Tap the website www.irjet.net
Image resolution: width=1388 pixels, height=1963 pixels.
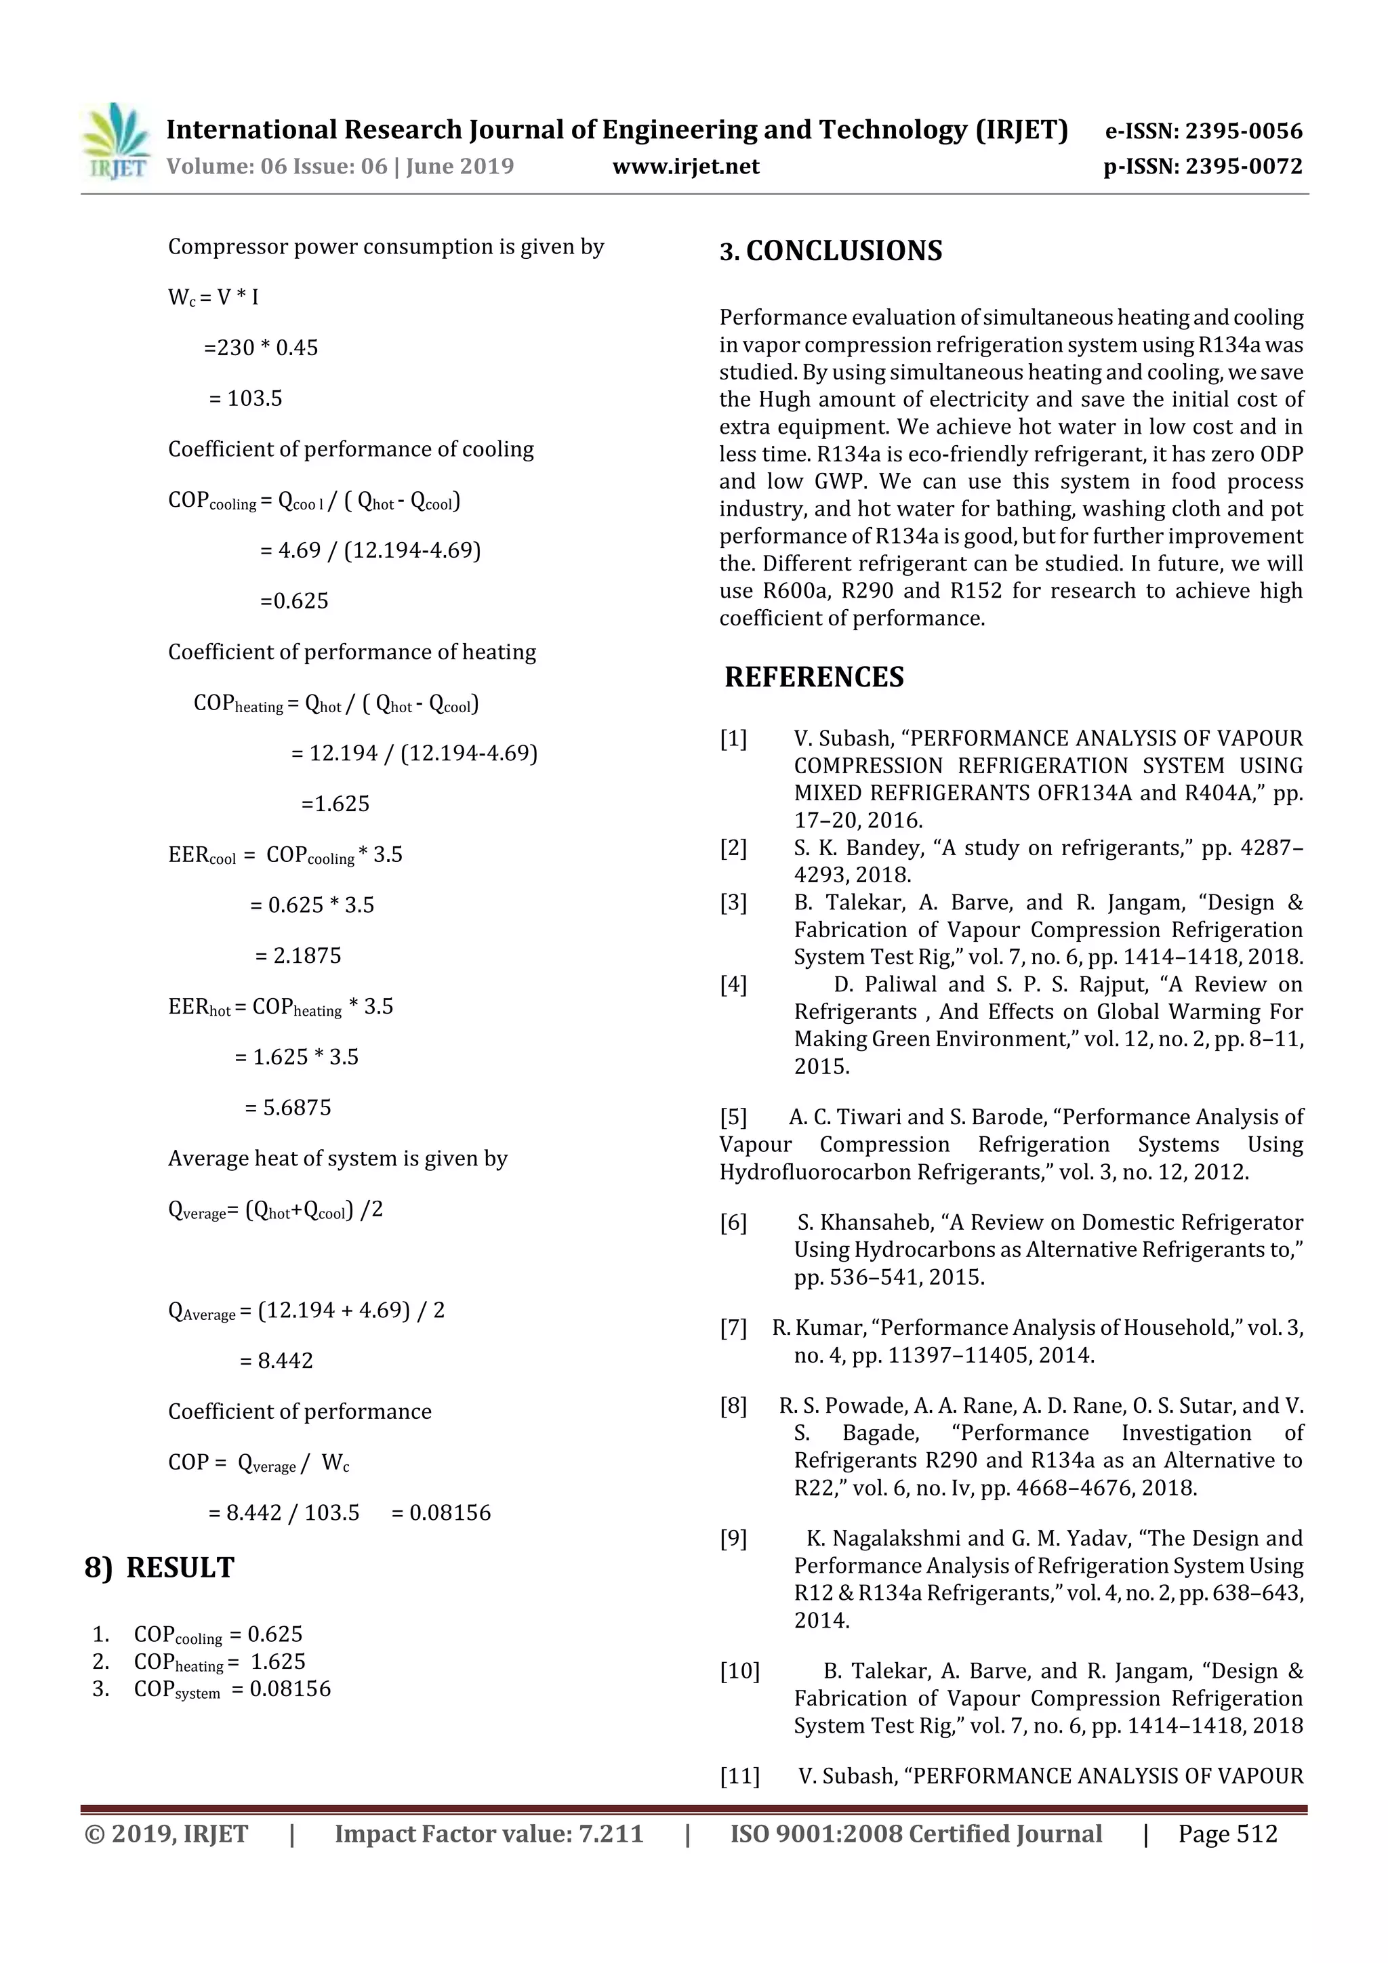[x=686, y=166]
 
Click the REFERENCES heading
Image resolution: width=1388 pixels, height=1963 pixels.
[x=813, y=677]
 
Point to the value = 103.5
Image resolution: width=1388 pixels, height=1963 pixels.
[x=245, y=398]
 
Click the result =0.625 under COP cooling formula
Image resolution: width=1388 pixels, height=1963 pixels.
[x=294, y=601]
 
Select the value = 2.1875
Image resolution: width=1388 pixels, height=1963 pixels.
[x=298, y=956]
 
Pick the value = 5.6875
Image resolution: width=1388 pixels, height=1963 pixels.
[x=287, y=1108]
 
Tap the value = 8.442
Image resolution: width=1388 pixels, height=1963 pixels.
[x=277, y=1361]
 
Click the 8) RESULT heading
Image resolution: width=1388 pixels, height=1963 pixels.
[x=159, y=1568]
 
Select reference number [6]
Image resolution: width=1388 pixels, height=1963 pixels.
[x=733, y=1224]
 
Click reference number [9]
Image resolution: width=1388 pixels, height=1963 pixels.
[x=733, y=1539]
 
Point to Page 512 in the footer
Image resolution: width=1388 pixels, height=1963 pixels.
[x=1227, y=1834]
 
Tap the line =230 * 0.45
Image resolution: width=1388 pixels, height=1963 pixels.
[x=261, y=348]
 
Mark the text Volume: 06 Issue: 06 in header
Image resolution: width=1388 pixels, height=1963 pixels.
[x=277, y=166]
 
